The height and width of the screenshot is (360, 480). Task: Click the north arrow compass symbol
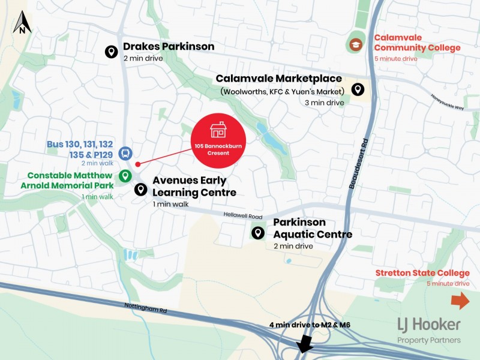click(x=22, y=22)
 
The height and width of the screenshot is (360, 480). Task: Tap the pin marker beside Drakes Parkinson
click(x=111, y=52)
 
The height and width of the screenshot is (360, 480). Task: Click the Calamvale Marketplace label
click(x=279, y=79)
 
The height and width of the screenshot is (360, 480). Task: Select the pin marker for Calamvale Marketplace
click(x=358, y=89)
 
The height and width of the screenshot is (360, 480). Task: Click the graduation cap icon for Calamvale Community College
click(x=356, y=45)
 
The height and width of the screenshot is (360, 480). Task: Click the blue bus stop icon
click(x=125, y=153)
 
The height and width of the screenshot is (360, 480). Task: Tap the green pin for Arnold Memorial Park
click(x=125, y=176)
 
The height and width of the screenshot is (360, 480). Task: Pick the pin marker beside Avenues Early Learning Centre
click(x=141, y=190)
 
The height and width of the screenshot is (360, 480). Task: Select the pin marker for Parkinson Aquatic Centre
click(x=258, y=233)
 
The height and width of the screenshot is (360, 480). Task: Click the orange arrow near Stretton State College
click(x=460, y=301)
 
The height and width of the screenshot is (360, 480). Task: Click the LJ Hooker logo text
click(x=429, y=325)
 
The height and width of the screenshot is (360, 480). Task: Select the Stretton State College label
click(x=422, y=273)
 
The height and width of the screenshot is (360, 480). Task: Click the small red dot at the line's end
click(x=138, y=164)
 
